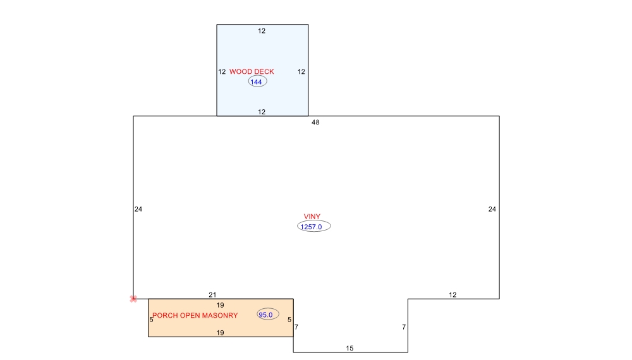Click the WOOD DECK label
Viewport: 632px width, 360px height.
click(x=252, y=71)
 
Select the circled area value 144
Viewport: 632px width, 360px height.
click(x=257, y=82)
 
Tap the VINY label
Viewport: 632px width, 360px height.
click(x=312, y=217)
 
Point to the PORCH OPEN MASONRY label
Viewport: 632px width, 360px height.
click(x=195, y=315)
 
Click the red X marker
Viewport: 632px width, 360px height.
click(x=133, y=299)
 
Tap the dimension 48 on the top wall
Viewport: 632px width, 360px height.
click(x=315, y=123)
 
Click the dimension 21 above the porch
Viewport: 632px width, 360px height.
click(x=212, y=295)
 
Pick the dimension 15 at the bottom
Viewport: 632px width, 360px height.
click(x=349, y=349)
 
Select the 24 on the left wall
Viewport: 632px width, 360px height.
click(x=138, y=209)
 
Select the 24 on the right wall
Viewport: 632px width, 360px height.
click(x=492, y=209)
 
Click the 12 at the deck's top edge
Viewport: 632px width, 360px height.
click(x=262, y=31)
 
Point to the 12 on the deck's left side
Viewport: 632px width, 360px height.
click(x=222, y=71)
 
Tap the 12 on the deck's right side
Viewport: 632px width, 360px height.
click(x=301, y=71)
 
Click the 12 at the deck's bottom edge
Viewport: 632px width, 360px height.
click(x=262, y=112)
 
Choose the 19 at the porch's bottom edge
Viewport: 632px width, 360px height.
click(x=220, y=333)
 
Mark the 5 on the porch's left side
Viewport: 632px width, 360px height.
click(x=152, y=320)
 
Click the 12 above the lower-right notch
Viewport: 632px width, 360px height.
click(x=453, y=295)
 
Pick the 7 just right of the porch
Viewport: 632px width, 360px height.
click(x=296, y=327)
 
